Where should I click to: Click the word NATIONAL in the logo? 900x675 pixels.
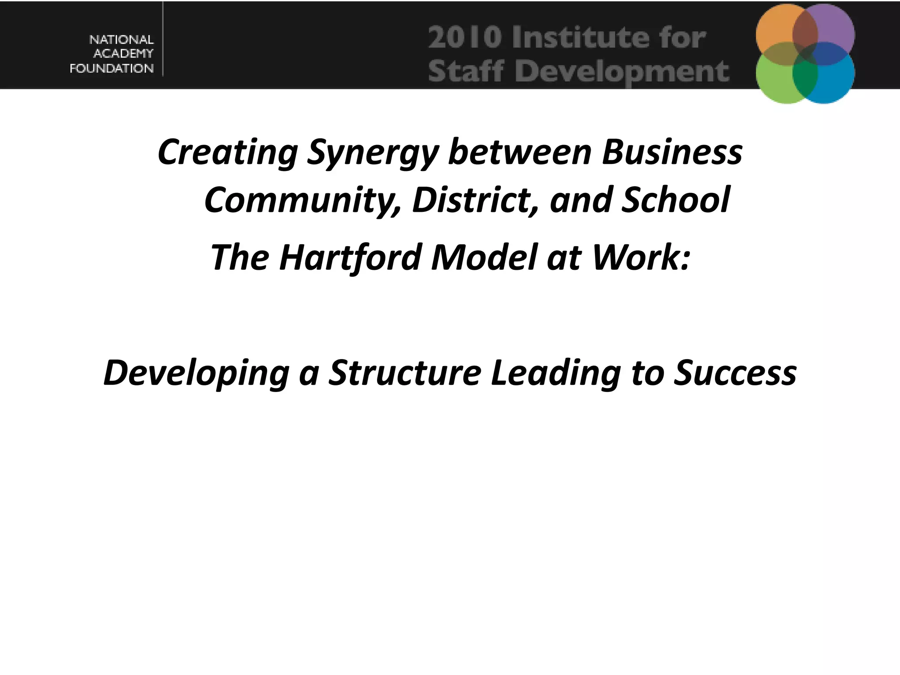[x=121, y=40]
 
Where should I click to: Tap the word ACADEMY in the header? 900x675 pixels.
[x=123, y=54]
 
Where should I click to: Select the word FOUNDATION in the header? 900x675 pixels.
[x=112, y=69]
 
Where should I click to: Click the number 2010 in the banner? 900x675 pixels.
[x=465, y=37]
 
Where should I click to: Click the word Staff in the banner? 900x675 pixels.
[x=465, y=71]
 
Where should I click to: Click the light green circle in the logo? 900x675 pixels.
[x=776, y=81]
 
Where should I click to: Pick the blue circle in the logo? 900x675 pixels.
[x=833, y=81]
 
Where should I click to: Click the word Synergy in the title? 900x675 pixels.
[x=373, y=153]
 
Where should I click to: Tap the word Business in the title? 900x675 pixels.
[x=672, y=152]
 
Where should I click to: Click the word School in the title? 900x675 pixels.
[x=676, y=200]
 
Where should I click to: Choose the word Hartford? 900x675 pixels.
[x=351, y=258]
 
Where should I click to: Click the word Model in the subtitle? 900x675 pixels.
[x=484, y=258]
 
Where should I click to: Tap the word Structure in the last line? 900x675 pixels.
[x=405, y=373]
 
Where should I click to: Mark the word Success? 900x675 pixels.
[x=735, y=373]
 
